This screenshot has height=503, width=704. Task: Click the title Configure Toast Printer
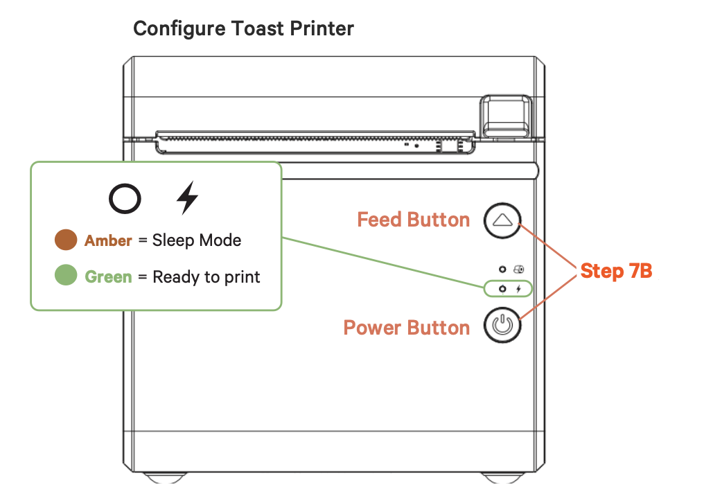click(243, 28)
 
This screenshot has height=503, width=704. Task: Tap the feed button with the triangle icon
click(502, 220)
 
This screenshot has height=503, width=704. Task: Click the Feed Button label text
click(413, 220)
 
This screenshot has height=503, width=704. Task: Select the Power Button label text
click(406, 327)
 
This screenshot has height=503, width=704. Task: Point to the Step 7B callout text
click(616, 271)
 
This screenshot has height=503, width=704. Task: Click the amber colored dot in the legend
click(66, 240)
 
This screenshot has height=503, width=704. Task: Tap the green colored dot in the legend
click(66, 276)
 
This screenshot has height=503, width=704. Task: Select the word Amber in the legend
click(108, 241)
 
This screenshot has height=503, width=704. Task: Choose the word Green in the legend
click(108, 277)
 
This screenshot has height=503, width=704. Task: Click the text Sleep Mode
click(197, 240)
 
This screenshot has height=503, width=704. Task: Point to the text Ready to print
click(206, 277)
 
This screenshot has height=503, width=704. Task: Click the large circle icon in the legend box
click(125, 199)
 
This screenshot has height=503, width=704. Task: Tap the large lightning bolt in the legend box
click(186, 198)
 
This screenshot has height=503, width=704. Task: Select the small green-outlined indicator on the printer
click(509, 288)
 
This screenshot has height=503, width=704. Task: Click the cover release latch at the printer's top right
click(507, 114)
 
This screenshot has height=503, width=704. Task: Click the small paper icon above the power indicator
click(518, 268)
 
